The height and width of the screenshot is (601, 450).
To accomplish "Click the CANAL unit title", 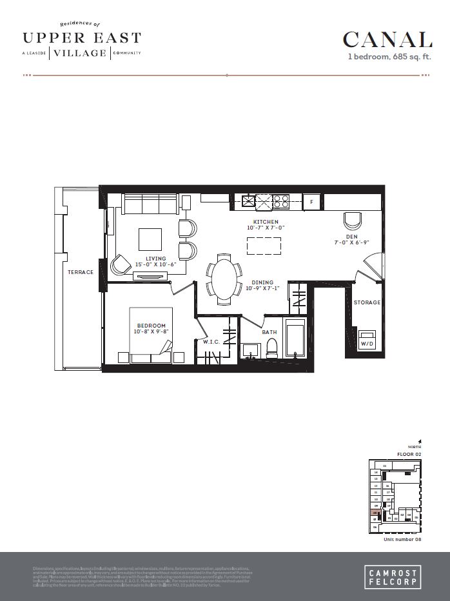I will [x=387, y=40].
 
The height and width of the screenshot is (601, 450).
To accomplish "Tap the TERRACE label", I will [x=81, y=272].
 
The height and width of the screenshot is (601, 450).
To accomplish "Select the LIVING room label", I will [x=155, y=259].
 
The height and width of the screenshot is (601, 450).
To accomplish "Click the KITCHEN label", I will [x=265, y=222].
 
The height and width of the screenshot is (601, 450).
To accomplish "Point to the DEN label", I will [x=350, y=237].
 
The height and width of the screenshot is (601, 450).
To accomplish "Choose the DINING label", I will [x=262, y=282].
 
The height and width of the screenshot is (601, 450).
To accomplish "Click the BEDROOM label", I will [x=151, y=326].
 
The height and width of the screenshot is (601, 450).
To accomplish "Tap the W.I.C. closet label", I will [x=211, y=341].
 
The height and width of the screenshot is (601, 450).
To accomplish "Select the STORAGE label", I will [x=367, y=302].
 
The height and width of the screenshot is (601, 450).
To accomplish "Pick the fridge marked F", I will [x=312, y=202].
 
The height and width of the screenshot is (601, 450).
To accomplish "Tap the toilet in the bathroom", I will [x=271, y=348].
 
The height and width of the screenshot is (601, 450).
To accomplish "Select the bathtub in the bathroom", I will [x=296, y=337].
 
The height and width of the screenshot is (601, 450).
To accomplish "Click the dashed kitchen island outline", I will [x=264, y=246].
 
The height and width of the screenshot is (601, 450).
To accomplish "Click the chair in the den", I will [x=353, y=221].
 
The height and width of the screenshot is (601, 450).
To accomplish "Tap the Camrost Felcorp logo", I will [x=391, y=576].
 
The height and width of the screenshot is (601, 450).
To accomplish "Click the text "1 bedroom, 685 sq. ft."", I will [x=389, y=57].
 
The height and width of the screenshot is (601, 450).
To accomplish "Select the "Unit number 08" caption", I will [x=402, y=539].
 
